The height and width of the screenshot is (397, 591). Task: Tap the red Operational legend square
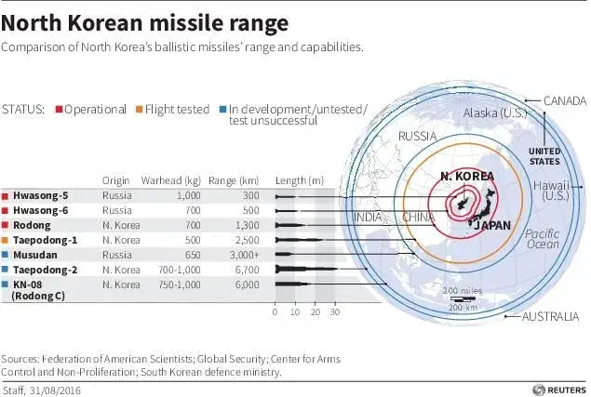[59, 109]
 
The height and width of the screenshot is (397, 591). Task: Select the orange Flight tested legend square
[138, 109]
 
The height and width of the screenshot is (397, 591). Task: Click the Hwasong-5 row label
[41, 196]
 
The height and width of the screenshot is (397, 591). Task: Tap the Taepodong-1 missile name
[45, 240]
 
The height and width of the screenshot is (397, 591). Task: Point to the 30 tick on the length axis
[336, 312]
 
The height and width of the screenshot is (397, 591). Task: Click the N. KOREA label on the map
[467, 177]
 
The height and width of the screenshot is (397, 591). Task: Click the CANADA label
[564, 100]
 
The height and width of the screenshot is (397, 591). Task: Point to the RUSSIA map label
[418, 136]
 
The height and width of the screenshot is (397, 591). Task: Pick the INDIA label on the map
[369, 218]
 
